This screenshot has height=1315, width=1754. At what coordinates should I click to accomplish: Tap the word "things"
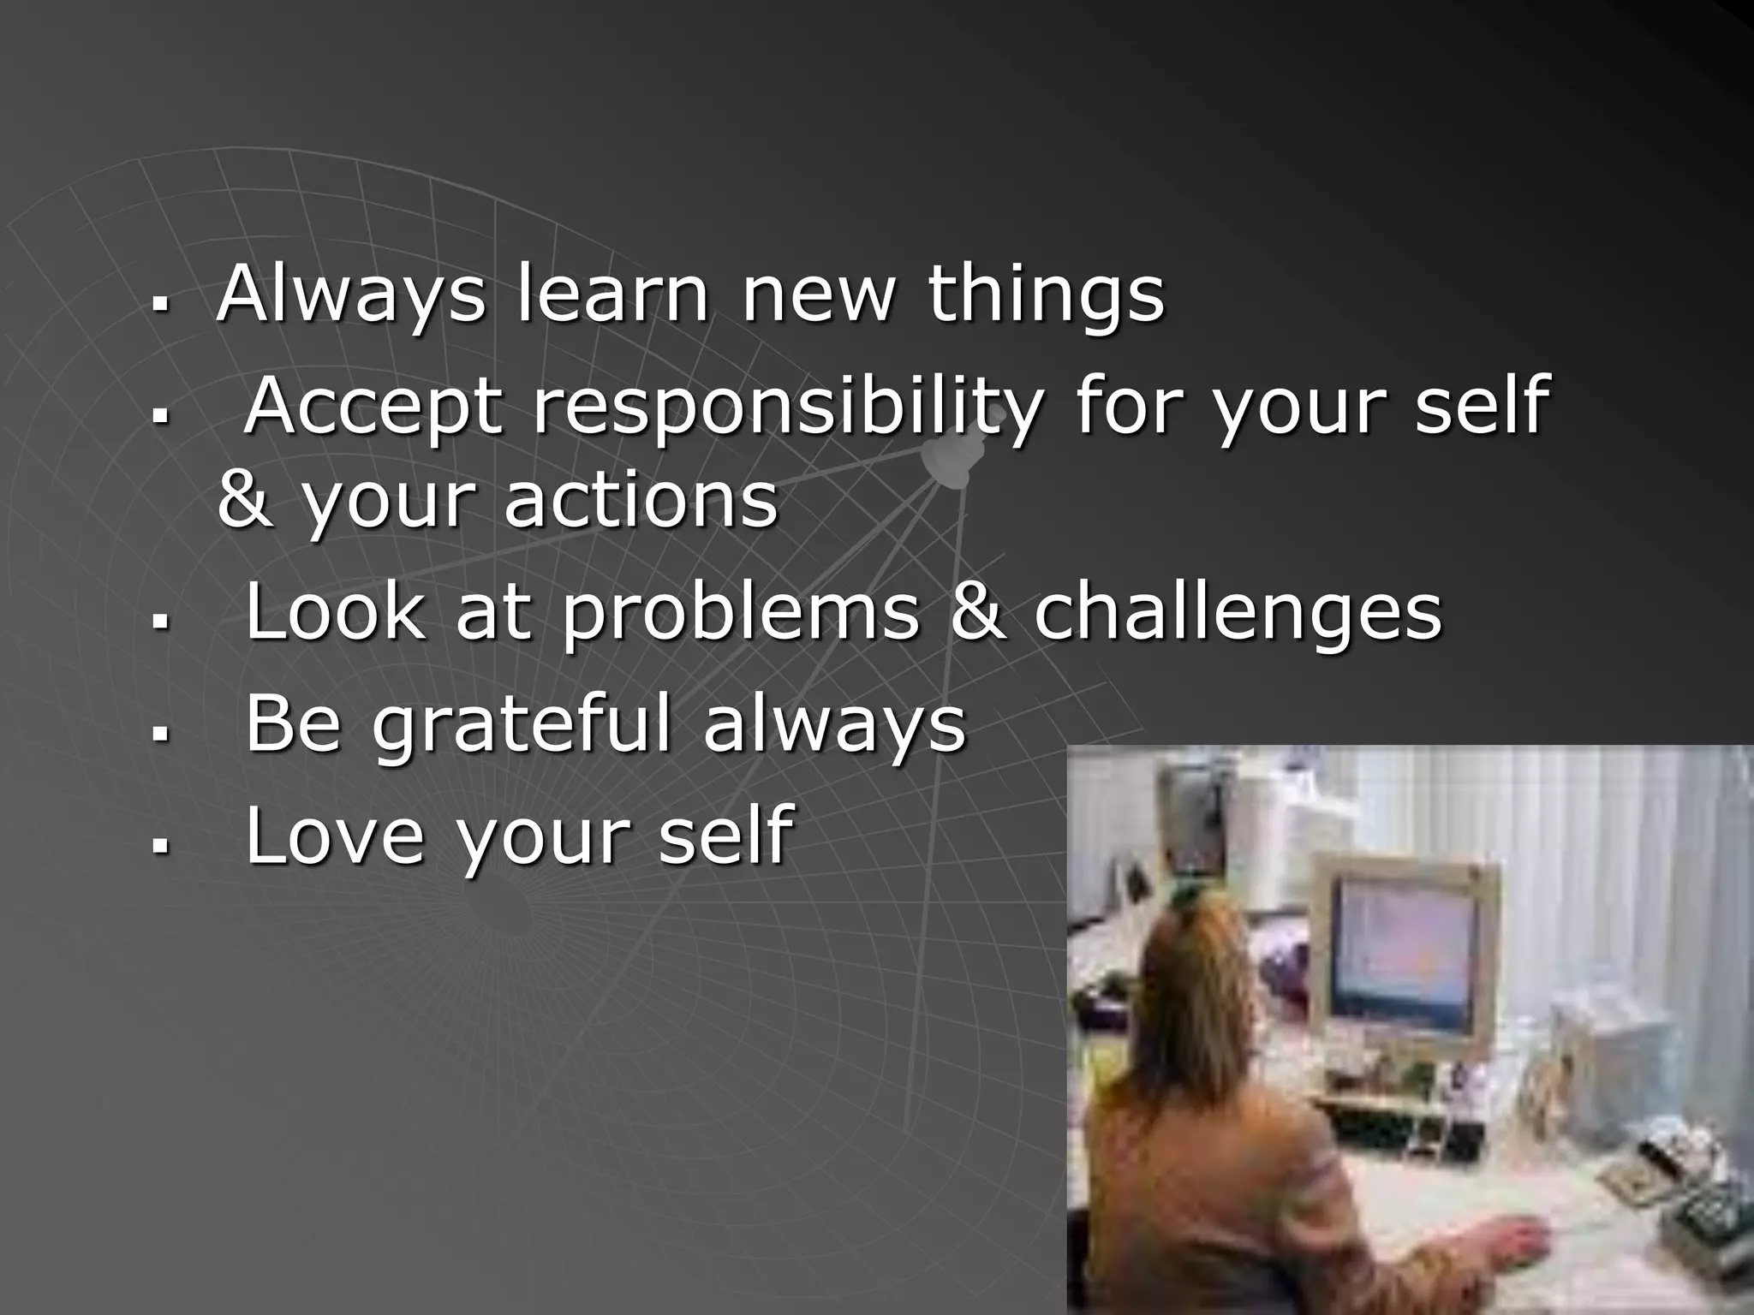[x=1046, y=295]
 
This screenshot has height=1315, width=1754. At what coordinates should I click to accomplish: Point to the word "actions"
[x=641, y=501]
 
